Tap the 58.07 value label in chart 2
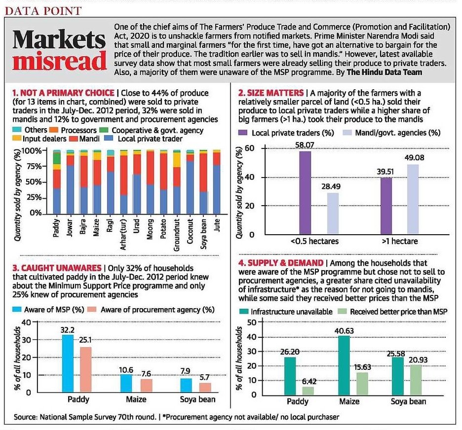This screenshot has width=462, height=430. click(x=305, y=145)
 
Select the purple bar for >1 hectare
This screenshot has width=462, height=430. click(x=386, y=206)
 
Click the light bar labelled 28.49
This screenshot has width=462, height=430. click(x=333, y=214)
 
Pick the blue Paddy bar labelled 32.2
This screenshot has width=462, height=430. click(x=68, y=363)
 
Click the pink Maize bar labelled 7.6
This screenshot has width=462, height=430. click(x=147, y=386)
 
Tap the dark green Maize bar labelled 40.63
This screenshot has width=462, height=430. click(x=344, y=365)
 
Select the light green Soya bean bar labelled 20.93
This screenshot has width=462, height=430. click(x=416, y=380)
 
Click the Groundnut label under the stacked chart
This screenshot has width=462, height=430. click(x=177, y=235)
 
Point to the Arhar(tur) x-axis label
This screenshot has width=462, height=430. click(x=123, y=234)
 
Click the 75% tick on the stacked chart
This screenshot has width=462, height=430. click(x=34, y=166)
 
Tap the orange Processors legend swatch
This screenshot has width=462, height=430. click(x=54, y=130)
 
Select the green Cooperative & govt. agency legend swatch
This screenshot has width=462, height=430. click(x=104, y=130)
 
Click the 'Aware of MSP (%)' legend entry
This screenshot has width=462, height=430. click(x=48, y=310)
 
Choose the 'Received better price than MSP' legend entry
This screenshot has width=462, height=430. click(x=392, y=312)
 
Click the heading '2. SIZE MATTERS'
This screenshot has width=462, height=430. click(x=271, y=93)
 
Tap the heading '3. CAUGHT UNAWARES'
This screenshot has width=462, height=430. click(x=57, y=268)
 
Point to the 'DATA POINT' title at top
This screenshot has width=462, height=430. click(x=43, y=11)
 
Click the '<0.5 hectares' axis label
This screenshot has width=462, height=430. click(x=314, y=241)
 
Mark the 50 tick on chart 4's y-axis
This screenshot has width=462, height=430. click(x=253, y=322)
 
